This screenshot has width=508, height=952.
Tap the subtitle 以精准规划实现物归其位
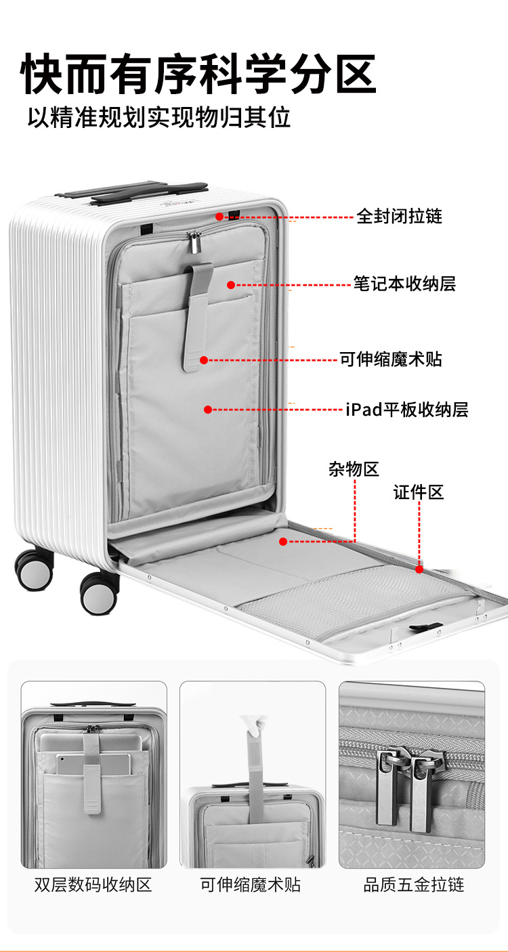159,117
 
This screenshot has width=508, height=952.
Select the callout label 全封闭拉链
399,217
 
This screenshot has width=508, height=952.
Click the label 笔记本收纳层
404,284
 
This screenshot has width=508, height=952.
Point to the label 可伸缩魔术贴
390,359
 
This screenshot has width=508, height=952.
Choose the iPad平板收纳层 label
406,410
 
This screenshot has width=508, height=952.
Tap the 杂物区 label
354,469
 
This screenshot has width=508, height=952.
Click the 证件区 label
419,492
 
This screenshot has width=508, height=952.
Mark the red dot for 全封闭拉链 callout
219,217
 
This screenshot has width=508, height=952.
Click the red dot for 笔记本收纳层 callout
230,285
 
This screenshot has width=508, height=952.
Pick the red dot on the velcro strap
203,360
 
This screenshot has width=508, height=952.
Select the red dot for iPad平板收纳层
208,410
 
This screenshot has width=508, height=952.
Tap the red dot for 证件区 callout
419,569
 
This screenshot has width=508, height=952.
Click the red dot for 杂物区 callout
283,541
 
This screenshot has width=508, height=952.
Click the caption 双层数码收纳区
93,885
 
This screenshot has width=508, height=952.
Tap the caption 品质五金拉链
413,885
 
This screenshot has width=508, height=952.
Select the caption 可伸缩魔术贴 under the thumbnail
251,885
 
